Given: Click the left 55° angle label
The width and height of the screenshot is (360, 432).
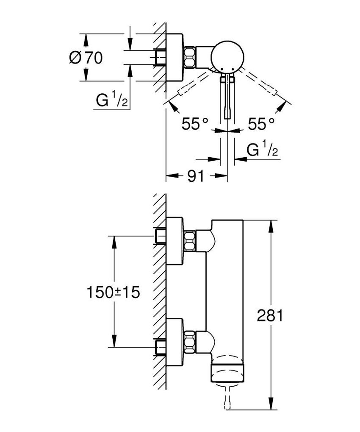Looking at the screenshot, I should click(x=195, y=124).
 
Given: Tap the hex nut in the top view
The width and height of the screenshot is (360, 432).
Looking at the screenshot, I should click(x=190, y=57).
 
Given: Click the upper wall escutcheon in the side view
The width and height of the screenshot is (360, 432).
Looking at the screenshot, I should click(x=174, y=240).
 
